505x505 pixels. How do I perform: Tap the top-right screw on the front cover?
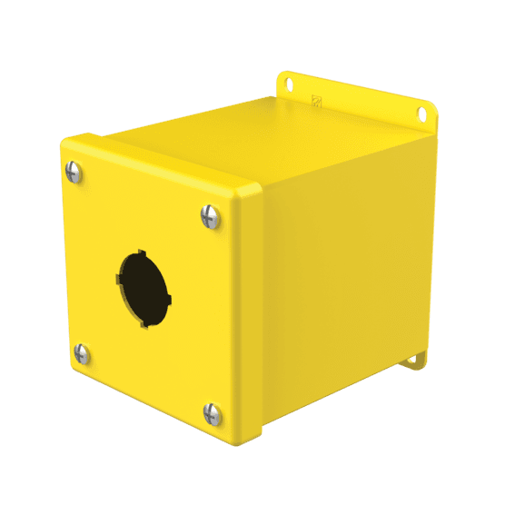207,215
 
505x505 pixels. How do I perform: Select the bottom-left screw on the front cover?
81,353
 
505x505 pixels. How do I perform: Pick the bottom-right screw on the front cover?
212,414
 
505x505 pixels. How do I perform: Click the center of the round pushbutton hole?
143,288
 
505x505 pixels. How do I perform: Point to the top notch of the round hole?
141,252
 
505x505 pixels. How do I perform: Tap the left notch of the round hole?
118,280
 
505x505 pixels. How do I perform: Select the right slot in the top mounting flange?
421,114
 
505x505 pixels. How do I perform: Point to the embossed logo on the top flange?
317,103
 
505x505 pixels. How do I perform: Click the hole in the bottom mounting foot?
411,359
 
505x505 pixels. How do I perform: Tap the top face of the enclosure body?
263,145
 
